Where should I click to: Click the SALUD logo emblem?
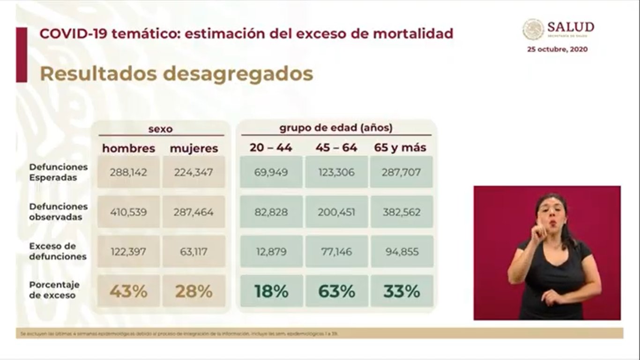[533, 29]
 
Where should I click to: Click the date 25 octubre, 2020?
[557, 49]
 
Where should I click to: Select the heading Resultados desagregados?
[176, 74]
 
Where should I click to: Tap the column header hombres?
[128, 149]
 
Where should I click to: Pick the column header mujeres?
[193, 149]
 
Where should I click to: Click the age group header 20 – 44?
[271, 148]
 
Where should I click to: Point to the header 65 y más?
[400, 148]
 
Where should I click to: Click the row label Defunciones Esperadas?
[58, 172]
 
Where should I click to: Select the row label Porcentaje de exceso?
[54, 290]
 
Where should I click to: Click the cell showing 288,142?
[128, 172]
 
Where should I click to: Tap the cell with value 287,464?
[193, 212]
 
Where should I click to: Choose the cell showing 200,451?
[336, 212]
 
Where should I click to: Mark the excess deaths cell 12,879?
[271, 252]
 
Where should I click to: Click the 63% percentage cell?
[336, 292]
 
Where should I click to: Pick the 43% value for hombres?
[128, 292]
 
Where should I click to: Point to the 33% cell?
[401, 292]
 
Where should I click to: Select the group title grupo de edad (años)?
[336, 127]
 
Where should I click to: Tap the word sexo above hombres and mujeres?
[160, 129]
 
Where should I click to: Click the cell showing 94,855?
[401, 252]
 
